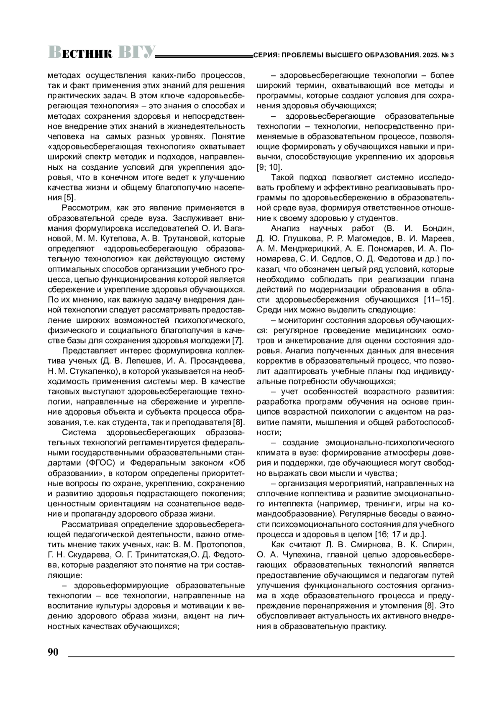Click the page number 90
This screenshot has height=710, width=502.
coord(53,652)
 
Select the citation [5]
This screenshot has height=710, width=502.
coord(69,197)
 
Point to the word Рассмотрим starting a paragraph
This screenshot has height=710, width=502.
coord(86,208)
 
